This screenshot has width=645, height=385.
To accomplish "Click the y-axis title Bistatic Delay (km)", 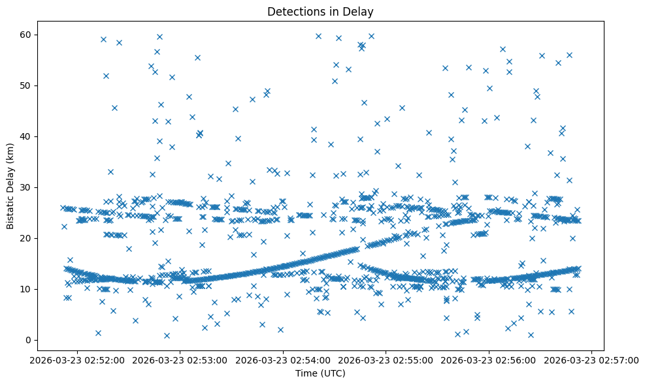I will pos(11,185).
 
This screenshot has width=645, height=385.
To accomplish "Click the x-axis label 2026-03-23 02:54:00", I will pos(284,360).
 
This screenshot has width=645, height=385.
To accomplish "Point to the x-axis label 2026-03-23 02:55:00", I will pos(386,360).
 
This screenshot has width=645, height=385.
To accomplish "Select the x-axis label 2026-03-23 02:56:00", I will pos(489,360).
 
